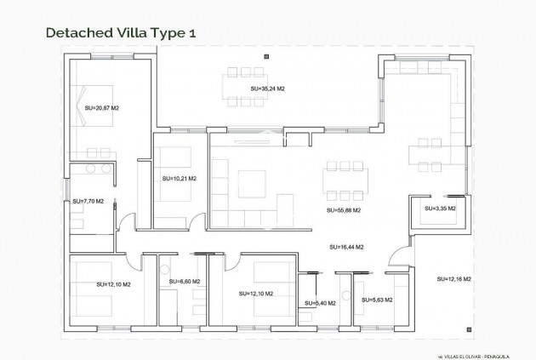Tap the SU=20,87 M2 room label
coord(102,108)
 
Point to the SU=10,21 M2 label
coord(179,179)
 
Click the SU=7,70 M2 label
coord(88,202)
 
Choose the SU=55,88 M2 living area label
coord(344,209)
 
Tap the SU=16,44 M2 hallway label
coord(346,247)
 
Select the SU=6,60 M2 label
coord(185,281)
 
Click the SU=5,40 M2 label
coord(320,303)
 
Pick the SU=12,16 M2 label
coord(454,279)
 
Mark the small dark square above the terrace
coord(266,55)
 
